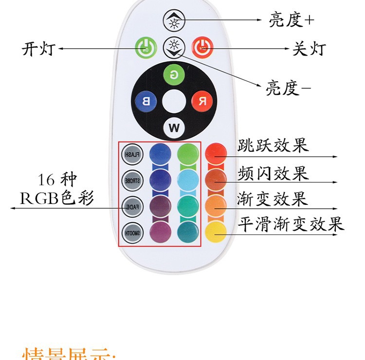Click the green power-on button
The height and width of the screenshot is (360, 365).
point(143,48)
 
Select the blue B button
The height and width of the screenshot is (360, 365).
point(146,101)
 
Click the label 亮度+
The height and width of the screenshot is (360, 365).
point(292,20)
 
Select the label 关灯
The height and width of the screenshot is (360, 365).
point(308,49)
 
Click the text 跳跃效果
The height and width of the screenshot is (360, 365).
point(273,145)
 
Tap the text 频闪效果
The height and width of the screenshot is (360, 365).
point(273,173)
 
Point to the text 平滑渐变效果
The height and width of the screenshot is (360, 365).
point(291,224)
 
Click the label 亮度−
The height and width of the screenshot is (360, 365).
point(288,88)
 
